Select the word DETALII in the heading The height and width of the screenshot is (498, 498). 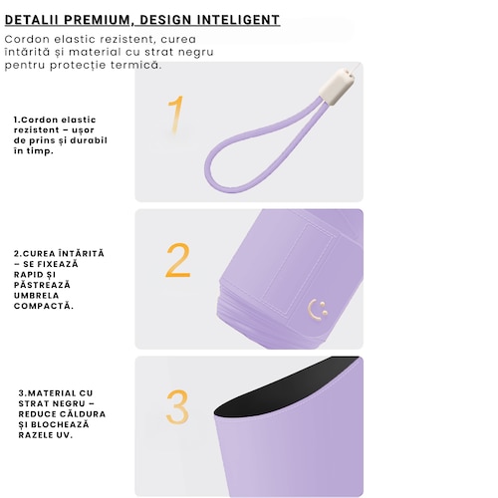[31, 20]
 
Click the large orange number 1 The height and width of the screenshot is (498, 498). [176, 115]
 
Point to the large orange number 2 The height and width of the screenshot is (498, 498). [178, 260]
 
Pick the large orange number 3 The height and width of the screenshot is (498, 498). [177, 407]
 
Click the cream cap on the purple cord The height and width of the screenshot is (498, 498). [337, 87]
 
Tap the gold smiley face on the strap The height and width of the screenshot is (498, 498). [318, 310]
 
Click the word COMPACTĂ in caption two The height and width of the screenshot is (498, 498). [44, 306]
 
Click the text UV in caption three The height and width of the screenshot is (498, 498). [66, 435]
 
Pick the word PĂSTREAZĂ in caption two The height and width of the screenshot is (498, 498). [42, 285]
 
